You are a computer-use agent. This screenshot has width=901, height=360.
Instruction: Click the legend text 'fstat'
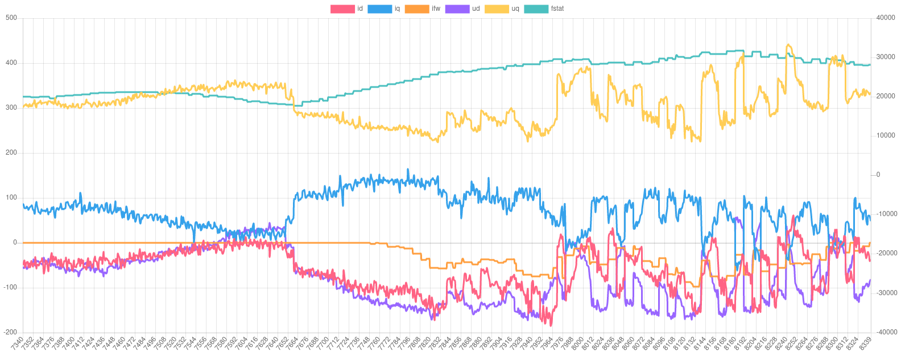click(557, 9)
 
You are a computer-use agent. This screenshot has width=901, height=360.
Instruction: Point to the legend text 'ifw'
click(436, 9)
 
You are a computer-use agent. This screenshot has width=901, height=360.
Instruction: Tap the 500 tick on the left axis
click(11, 18)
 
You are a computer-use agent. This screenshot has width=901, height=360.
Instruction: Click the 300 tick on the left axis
click(11, 107)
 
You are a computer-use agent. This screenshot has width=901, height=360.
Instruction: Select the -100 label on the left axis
click(10, 287)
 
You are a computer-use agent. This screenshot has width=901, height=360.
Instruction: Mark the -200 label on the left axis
click(10, 332)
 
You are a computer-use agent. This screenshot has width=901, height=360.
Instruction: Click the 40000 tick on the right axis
click(886, 18)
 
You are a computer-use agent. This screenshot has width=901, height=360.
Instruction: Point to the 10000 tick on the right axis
click(886, 135)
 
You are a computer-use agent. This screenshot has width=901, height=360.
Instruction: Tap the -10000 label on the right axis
click(885, 214)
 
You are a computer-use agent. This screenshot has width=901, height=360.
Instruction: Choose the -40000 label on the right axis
click(885, 332)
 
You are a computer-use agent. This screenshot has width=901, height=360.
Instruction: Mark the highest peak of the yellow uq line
click(788, 44)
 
